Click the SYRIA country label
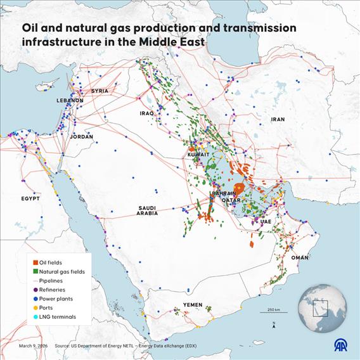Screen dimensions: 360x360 (100, 91)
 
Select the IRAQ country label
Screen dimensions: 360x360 (147, 113)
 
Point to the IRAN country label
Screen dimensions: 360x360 (278, 119)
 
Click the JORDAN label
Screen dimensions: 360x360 (82, 137)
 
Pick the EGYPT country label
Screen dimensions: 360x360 (30, 198)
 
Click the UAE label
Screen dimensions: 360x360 (266, 222)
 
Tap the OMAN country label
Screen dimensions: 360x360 (300, 258)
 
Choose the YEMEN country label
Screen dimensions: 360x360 (193, 305)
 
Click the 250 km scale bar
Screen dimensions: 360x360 (274, 312)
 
